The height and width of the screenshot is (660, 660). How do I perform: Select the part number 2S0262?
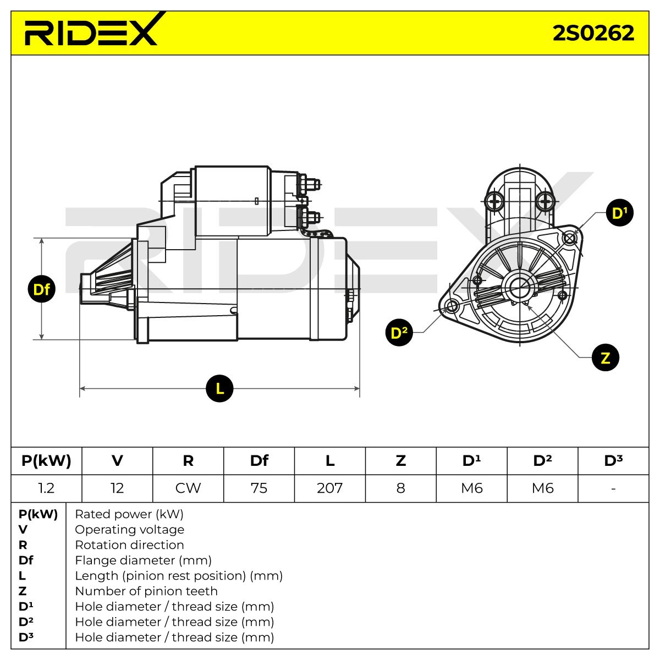[593, 33]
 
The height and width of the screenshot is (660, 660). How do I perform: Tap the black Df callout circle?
[41, 289]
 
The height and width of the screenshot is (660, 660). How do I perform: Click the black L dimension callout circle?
[219, 388]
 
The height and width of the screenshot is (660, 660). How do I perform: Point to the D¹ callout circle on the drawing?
[620, 213]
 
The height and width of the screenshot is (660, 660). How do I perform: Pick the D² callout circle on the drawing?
[399, 332]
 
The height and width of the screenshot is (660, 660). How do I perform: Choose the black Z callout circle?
[606, 358]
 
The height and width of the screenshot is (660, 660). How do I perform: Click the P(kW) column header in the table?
[46, 461]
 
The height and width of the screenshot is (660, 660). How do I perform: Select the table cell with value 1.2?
[46, 488]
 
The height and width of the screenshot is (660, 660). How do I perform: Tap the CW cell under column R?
[188, 488]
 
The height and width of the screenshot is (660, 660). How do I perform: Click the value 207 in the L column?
[330, 488]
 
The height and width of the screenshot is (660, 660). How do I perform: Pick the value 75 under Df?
[259, 488]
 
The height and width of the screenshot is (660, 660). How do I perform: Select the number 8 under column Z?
[401, 488]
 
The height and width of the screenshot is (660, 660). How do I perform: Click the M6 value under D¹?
[471, 488]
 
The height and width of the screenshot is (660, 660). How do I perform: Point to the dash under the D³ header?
[613, 488]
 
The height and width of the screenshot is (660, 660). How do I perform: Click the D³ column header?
[613, 461]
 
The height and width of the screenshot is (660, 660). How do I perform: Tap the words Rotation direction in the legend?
[129, 544]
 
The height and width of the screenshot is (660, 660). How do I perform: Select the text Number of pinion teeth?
[146, 591]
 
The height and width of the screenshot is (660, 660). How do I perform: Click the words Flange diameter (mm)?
[143, 560]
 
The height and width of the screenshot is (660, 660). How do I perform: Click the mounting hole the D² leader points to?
[452, 306]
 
